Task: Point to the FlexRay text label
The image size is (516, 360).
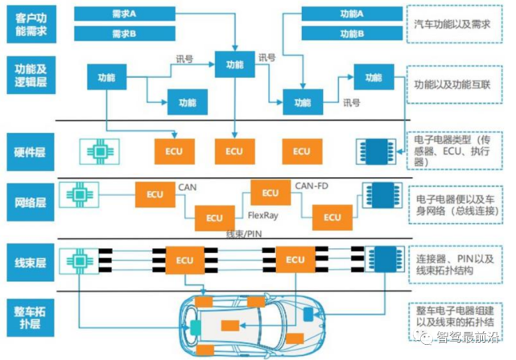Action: (x=263, y=216)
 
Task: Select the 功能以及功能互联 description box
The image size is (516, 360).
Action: (x=457, y=84)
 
